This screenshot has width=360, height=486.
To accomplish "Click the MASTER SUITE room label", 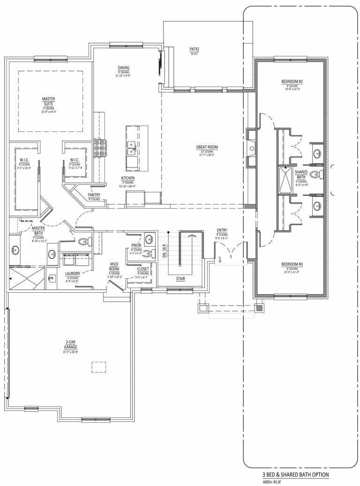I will click(x=49, y=101).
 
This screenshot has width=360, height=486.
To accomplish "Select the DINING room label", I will click(x=123, y=68).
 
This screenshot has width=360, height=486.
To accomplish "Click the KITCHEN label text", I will click(x=128, y=178).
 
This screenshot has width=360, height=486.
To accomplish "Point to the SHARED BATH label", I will click(x=301, y=175).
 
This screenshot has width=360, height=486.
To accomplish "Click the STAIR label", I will click(x=180, y=278).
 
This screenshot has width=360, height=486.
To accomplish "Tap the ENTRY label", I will click(x=222, y=230).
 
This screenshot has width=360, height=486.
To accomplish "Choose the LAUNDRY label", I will click(x=73, y=273).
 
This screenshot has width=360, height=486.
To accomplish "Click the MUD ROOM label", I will click(x=114, y=266).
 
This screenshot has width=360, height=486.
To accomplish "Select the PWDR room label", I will click(x=136, y=245).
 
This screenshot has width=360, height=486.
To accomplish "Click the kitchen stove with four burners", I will click(x=99, y=147).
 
